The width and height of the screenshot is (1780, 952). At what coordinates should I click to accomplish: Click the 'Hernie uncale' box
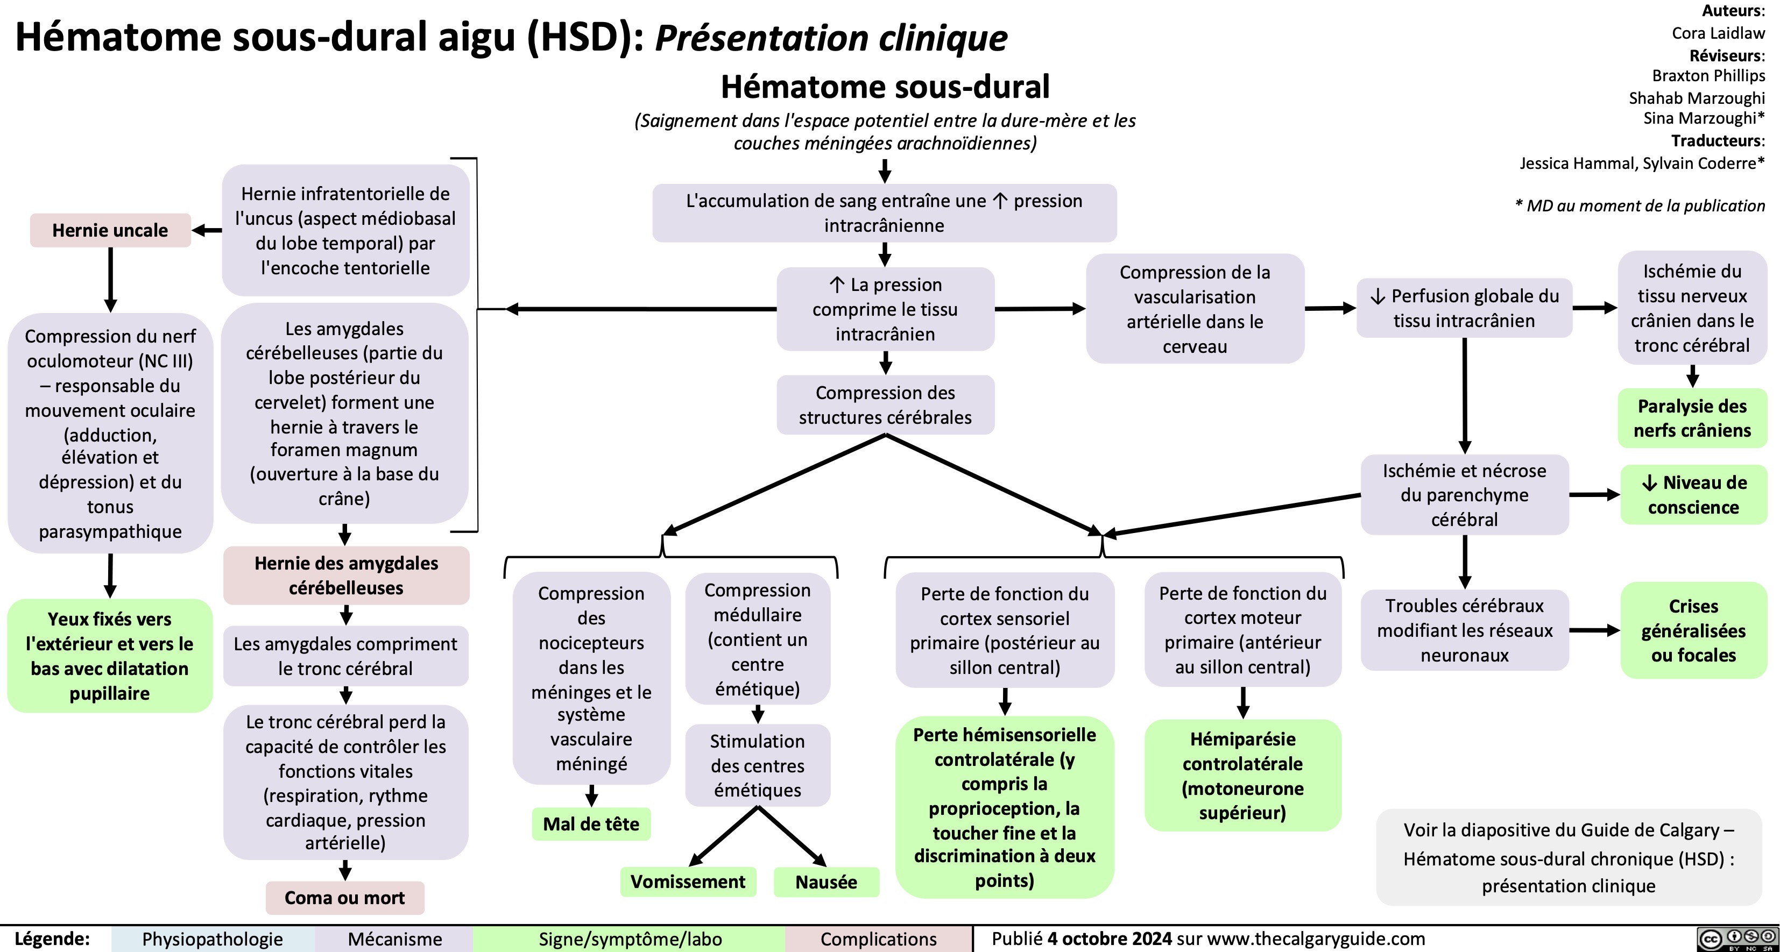point(110,230)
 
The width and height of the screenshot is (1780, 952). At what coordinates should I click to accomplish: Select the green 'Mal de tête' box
point(591,823)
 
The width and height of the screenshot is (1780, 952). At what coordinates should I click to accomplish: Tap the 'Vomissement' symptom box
point(688,882)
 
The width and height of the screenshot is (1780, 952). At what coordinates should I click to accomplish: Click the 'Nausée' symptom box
point(826,882)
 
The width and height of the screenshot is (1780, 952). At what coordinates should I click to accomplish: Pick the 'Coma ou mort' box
point(344,898)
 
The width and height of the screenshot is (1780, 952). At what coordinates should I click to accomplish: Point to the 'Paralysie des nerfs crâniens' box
point(1692,418)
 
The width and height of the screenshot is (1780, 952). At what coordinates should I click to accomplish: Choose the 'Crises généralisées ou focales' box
point(1693,630)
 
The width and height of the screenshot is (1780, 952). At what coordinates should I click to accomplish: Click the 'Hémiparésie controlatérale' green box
point(1242,775)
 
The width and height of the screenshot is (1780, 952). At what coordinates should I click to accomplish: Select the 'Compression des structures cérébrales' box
point(885,405)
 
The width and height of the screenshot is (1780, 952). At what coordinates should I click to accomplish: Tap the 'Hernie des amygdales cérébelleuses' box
point(345,575)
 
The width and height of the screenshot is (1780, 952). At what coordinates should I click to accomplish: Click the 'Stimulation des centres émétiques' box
point(757,765)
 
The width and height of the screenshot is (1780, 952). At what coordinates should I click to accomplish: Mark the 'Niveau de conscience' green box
point(1693,495)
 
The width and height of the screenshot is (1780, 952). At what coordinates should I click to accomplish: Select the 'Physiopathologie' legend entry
point(212,939)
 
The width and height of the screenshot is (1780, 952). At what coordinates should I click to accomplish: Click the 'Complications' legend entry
point(878,939)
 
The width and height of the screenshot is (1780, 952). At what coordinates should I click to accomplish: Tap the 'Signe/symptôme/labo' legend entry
point(630,939)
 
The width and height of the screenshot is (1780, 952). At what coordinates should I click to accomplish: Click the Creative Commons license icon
point(1736,939)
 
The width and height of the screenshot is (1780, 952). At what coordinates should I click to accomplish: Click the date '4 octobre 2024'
point(1109,938)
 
